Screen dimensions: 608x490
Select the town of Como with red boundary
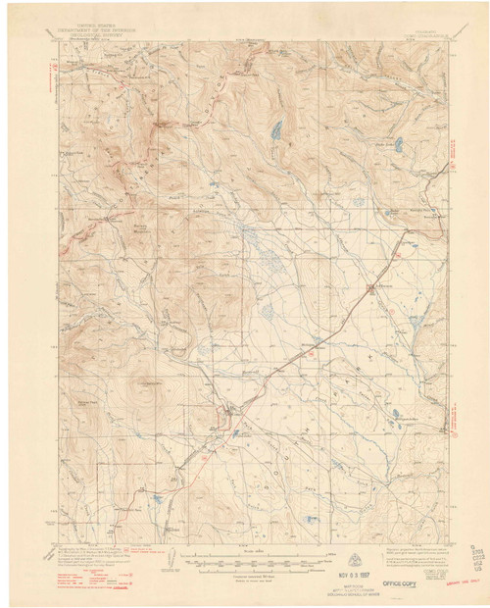pyautogui.click(x=227, y=417)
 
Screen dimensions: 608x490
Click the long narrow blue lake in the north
pyautogui.click(x=277, y=128)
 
